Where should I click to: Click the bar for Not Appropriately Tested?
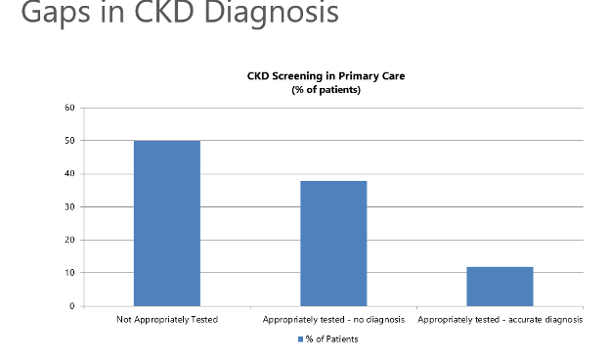[166, 223]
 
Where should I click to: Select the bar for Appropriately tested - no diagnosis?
[333, 244]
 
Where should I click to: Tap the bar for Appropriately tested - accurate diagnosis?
[500, 286]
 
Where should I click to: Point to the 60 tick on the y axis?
[69, 108]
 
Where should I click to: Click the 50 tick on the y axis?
[69, 141]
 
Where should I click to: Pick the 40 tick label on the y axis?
[69, 174]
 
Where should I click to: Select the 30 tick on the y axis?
[69, 207]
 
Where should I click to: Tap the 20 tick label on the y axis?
[69, 240]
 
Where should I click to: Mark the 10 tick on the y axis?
[69, 273]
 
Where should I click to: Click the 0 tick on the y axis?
[71, 306]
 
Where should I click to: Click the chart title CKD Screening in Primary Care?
[326, 76]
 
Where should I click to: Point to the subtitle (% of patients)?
[326, 90]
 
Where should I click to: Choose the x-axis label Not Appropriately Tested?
[166, 319]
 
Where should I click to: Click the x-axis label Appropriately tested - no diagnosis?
[333, 319]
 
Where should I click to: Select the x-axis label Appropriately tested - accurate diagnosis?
[500, 319]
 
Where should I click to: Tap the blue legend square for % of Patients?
[300, 339]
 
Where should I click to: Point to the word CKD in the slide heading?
[177, 13]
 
